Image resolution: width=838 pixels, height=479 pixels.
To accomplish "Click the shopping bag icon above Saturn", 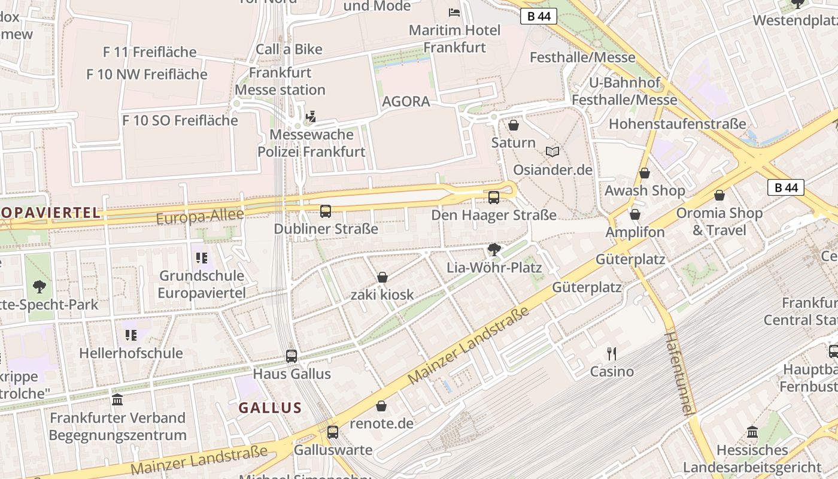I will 513,125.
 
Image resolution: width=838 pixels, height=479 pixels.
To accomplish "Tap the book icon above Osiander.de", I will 552,152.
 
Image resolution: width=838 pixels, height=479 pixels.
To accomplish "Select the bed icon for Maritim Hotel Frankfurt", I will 454,12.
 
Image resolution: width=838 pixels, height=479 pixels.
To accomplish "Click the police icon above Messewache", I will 311,116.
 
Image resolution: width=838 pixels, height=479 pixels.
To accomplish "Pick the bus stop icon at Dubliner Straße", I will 326,211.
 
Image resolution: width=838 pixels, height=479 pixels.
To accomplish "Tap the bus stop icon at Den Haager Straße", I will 494,197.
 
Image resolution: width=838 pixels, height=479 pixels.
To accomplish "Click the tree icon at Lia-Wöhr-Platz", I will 494,249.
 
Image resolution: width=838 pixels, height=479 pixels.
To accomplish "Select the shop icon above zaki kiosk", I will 382,277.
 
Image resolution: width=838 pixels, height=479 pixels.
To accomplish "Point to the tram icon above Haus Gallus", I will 292,356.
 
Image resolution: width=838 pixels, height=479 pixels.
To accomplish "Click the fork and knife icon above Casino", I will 611,353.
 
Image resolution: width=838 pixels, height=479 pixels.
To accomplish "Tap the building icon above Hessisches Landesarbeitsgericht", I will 752,431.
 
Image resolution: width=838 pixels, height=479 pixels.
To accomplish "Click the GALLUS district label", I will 270,408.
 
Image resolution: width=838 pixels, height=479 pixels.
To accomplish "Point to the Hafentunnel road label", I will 679,372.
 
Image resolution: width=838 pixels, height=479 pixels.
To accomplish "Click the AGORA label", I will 406,101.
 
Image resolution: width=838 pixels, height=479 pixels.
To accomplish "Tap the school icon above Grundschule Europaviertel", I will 201,258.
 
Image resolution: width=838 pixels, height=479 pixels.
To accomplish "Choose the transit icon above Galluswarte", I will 333,432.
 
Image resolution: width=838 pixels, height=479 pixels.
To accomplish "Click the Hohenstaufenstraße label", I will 677,124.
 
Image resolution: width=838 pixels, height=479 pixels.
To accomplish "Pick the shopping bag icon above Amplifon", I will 635,214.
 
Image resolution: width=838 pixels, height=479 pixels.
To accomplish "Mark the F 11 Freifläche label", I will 150,52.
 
